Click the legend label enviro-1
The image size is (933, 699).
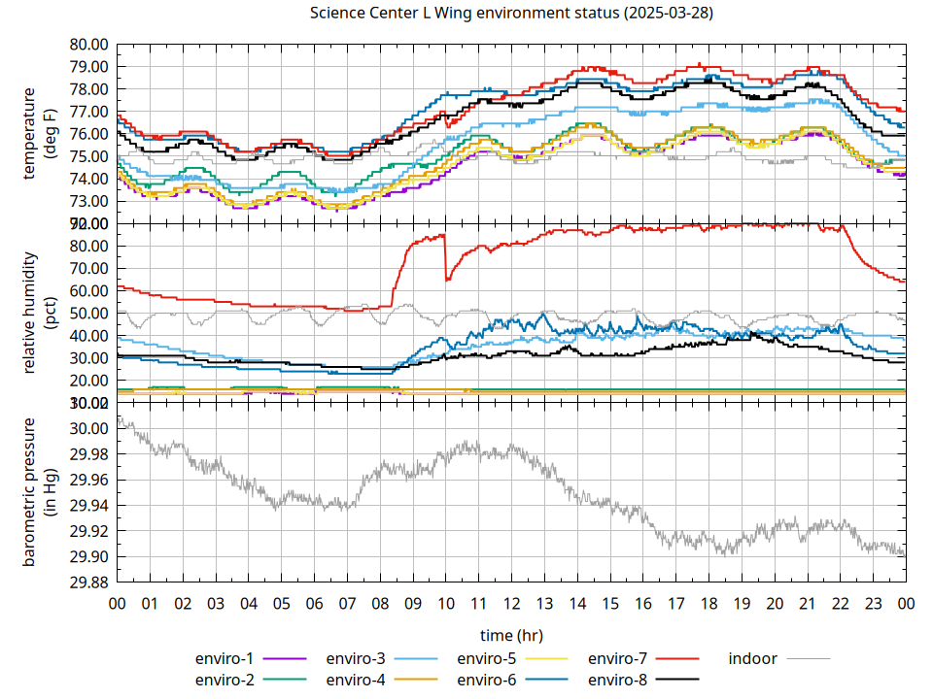225,658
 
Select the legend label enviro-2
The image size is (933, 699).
225,680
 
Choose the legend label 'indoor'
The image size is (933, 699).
753,658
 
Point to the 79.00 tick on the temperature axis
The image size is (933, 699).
89,67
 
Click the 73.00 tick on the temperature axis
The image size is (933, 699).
89,201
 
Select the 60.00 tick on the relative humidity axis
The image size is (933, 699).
89,290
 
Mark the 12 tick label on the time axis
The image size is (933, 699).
511,604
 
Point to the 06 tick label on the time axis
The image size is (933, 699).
314,604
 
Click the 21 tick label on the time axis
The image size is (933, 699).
807,604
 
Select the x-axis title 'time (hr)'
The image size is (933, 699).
511,634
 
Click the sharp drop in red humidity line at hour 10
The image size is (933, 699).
445,257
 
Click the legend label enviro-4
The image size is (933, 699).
356,680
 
